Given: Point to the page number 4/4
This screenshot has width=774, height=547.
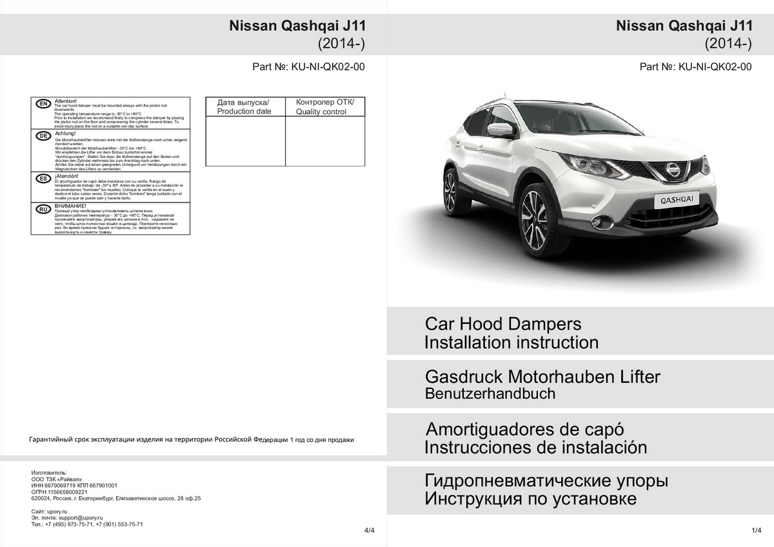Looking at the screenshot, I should click(369, 530).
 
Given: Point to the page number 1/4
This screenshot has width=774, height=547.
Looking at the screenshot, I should click(757, 530).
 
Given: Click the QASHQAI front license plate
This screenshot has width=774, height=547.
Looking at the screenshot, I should click(677, 201).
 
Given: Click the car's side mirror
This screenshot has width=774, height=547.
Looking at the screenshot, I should click(500, 130).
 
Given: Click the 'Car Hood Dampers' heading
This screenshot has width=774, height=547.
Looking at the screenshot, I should click(503, 324).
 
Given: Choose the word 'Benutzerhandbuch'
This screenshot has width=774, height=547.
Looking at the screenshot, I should click(490, 393).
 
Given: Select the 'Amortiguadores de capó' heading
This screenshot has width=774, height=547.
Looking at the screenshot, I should click(525, 429).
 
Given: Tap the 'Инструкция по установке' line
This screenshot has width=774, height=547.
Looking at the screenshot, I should click(530, 499).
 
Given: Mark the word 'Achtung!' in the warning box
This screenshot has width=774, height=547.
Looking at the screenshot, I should click(66, 133).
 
